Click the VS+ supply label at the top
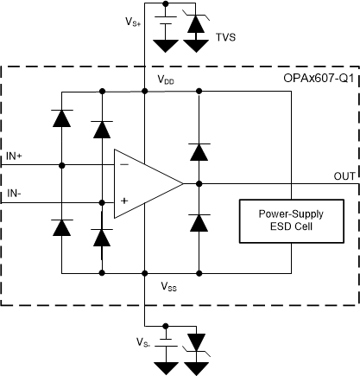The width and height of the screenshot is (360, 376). (x=132, y=20)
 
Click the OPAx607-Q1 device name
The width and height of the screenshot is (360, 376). (x=319, y=78)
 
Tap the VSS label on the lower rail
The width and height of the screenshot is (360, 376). (x=168, y=284)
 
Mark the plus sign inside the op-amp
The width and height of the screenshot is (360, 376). (x=124, y=201)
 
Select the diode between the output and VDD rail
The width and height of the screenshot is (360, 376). (x=199, y=152)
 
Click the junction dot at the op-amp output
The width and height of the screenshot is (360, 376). (x=199, y=183)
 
